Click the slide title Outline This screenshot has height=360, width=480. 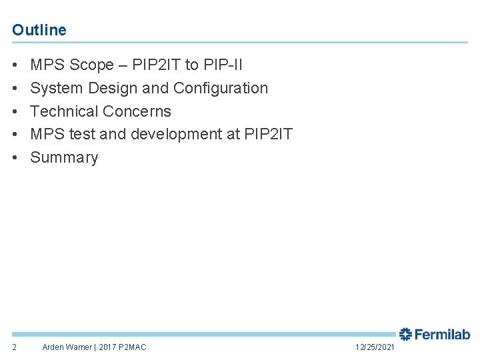39,30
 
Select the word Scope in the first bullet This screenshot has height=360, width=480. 91,65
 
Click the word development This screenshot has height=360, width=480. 177,134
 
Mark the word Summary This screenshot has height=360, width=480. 64,157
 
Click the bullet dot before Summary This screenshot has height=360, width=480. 15,158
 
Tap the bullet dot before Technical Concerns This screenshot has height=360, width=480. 15,112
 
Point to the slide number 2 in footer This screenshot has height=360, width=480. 15,347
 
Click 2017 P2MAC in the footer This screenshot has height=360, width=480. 123,347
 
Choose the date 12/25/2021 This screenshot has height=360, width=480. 375,347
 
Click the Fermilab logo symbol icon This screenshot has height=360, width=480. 405,335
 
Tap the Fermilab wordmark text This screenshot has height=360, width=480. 443,335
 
